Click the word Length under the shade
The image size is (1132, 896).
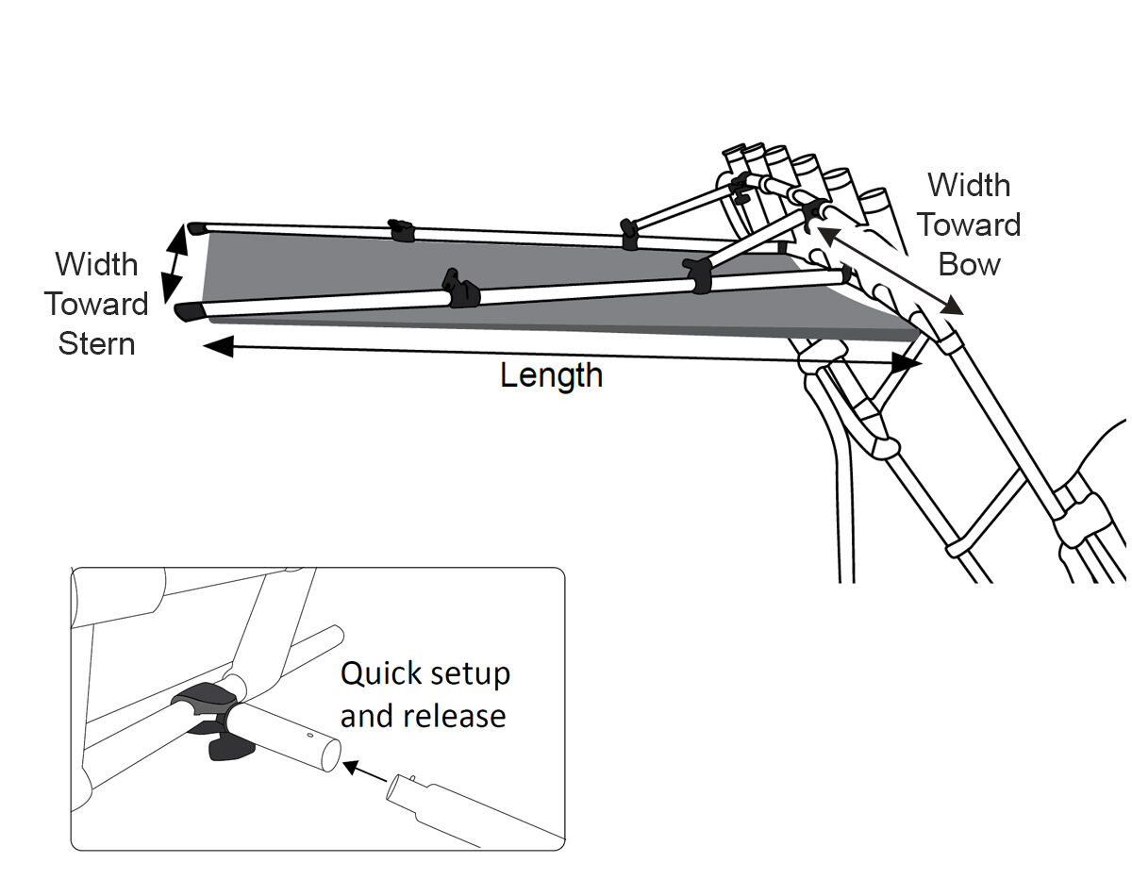(x=551, y=375)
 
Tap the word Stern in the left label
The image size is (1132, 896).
(x=96, y=343)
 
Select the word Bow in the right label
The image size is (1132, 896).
(x=970, y=265)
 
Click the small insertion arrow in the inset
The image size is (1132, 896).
(x=363, y=771)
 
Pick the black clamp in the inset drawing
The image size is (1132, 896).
(x=215, y=722)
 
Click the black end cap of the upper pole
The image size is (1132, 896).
(x=196, y=228)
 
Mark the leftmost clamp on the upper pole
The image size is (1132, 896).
(x=401, y=230)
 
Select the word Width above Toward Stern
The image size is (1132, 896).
(x=96, y=264)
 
